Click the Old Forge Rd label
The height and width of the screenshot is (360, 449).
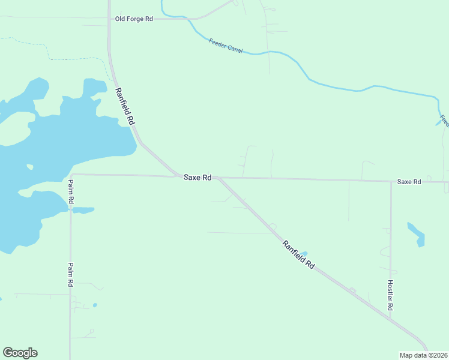click(x=134, y=19)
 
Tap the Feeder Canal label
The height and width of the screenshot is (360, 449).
click(x=226, y=46)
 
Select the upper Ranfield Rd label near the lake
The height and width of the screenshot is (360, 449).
click(x=125, y=106)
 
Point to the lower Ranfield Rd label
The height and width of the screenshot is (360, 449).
click(x=298, y=254)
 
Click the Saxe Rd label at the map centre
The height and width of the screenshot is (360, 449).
click(x=197, y=178)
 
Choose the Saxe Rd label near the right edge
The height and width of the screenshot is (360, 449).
click(x=409, y=181)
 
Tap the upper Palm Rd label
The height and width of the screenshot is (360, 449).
click(x=71, y=190)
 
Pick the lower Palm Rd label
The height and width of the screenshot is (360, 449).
click(x=70, y=274)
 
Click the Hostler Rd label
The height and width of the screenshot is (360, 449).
click(x=390, y=295)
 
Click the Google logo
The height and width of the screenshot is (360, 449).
click(x=20, y=353)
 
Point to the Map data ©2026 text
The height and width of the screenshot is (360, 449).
click(x=424, y=355)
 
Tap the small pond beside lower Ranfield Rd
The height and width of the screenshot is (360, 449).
click(x=304, y=254)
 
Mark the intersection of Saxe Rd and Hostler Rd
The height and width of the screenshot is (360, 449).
click(x=391, y=181)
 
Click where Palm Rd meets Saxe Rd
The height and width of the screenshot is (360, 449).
click(x=71, y=175)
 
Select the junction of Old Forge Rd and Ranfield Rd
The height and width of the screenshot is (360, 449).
click(x=109, y=19)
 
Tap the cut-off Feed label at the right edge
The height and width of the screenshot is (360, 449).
click(x=444, y=121)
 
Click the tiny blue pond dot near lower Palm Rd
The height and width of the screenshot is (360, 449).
click(x=95, y=305)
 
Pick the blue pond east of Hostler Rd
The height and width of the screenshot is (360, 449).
click(x=417, y=235)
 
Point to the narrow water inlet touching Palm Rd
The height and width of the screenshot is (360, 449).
click(x=83, y=211)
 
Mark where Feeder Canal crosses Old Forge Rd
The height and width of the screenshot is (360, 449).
click(x=189, y=19)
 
